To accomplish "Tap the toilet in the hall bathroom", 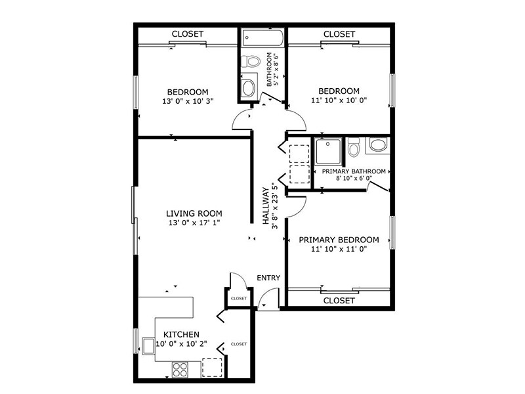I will click(249, 62).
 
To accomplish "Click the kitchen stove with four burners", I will click(180, 369).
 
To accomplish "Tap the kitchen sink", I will click(148, 345).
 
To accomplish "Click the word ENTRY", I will click(268, 278).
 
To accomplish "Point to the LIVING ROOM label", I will click(194, 213).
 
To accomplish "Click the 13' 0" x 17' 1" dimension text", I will click(194, 223).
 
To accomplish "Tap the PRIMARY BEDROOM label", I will click(339, 240).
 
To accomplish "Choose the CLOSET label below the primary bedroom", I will click(339, 300).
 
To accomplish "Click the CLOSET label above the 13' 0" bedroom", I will click(187, 33).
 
